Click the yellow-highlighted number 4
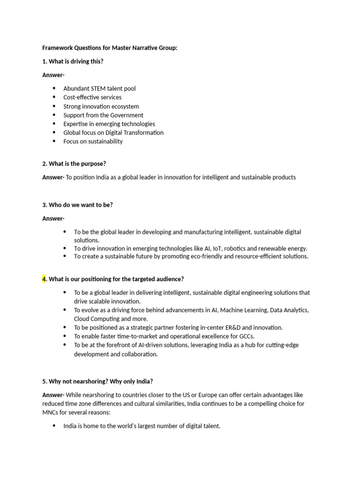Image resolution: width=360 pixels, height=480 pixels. pos(45,279)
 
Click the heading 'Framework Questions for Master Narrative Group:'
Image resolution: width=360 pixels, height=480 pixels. pos(110,48)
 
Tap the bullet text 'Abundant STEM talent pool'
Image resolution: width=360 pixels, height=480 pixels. pos(99,88)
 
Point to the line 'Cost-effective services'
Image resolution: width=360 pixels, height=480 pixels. pos(92,97)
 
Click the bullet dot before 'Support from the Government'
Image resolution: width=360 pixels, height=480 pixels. pos(54,115)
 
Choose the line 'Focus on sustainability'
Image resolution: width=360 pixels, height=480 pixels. pos(93,141)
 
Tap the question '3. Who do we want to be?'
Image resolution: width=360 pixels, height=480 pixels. pos(77,204)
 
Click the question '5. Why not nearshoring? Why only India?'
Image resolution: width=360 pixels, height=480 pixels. pos(97,381)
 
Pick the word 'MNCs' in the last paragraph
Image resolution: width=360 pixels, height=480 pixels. pos(50,412)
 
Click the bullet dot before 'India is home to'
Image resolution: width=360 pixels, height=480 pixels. pos(54,426)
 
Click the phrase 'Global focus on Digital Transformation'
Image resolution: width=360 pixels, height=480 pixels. pos(113,132)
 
